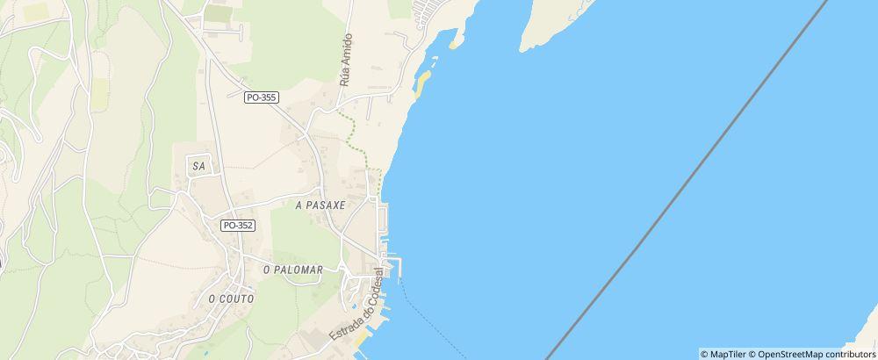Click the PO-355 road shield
pos(263,97)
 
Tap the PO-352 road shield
pos(238,226)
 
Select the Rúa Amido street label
pos(345,59)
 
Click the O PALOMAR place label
pos(293,270)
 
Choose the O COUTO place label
pos(231,299)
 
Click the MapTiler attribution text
pos(727,354)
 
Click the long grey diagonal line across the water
pos(685,180)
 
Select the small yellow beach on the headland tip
pos(454,40)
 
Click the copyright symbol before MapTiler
pos(704,354)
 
